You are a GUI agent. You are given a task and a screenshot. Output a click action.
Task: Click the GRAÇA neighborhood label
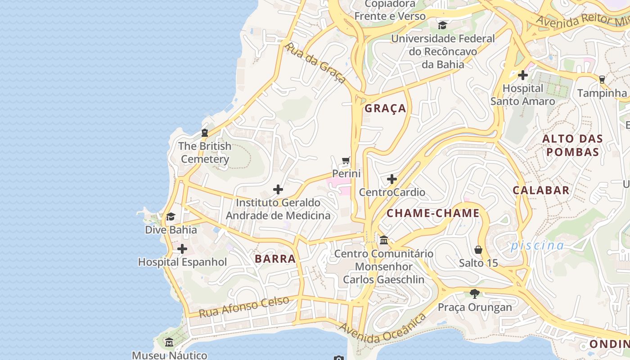tap(385, 108)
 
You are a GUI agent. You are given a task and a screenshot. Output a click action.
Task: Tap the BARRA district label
tap(275, 259)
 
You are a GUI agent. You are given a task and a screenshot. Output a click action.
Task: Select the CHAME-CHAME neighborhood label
tap(433, 213)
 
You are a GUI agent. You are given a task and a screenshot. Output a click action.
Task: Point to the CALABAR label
tap(541, 190)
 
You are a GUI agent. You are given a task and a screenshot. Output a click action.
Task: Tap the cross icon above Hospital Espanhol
tap(182, 249)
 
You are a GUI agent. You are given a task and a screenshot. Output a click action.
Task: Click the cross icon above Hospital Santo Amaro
tap(522, 75)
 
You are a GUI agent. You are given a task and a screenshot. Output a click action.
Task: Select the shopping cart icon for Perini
tap(346, 161)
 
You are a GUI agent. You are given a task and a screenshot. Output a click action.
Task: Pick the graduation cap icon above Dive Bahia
tap(171, 217)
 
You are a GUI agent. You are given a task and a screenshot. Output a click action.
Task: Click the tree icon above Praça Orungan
tap(474, 294)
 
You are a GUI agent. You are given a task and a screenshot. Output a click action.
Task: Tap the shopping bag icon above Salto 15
tap(478, 250)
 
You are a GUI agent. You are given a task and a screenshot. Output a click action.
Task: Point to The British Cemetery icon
tap(205, 133)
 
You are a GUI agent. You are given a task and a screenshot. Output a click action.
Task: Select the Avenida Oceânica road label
tap(382, 329)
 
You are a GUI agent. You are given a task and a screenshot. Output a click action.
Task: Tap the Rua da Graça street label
tap(315, 63)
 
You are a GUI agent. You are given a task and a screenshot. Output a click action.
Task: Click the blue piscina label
tap(537, 245)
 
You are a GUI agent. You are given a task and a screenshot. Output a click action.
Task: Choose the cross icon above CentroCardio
tap(391, 179)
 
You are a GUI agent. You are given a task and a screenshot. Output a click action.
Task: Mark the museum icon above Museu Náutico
tap(169, 342)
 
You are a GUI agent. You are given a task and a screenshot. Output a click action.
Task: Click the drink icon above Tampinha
tap(602, 80)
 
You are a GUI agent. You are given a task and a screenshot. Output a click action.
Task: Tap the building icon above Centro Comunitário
tap(384, 240)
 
